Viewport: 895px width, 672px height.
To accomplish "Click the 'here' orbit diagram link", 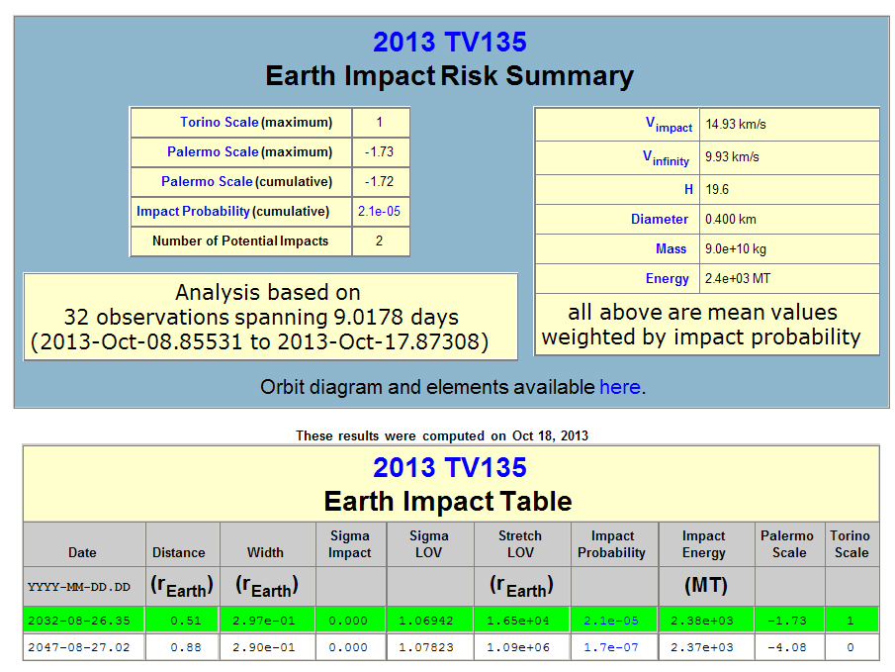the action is tap(620, 387).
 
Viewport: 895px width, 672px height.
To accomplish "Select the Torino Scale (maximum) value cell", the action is tap(381, 123).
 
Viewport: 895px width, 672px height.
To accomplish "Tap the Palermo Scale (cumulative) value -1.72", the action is tap(379, 182).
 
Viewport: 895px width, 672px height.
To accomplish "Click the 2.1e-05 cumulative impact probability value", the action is tap(379, 212).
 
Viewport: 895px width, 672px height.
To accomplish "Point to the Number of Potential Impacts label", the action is tap(240, 241).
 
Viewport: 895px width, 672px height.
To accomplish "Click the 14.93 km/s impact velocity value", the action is tap(736, 124).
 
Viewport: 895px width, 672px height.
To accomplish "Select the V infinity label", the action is tap(667, 157).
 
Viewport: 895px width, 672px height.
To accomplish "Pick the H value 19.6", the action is tap(717, 189).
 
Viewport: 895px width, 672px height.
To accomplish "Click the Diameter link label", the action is tap(660, 219).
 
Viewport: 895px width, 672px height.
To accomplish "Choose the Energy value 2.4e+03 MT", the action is tap(738, 278).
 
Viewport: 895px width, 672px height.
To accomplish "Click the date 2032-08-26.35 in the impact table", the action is tap(79, 621).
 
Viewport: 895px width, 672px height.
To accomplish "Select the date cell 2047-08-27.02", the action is tap(79, 647).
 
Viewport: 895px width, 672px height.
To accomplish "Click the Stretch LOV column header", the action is tap(520, 544).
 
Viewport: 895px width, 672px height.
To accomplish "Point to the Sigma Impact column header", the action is tap(350, 544).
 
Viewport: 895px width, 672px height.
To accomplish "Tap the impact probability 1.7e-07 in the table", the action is tap(611, 647).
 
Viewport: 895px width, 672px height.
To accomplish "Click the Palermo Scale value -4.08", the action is tap(787, 647).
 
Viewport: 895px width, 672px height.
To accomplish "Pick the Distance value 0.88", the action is tap(186, 647).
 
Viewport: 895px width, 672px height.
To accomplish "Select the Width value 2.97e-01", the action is tap(264, 621).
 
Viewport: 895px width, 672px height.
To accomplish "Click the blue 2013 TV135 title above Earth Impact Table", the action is tap(450, 467).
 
